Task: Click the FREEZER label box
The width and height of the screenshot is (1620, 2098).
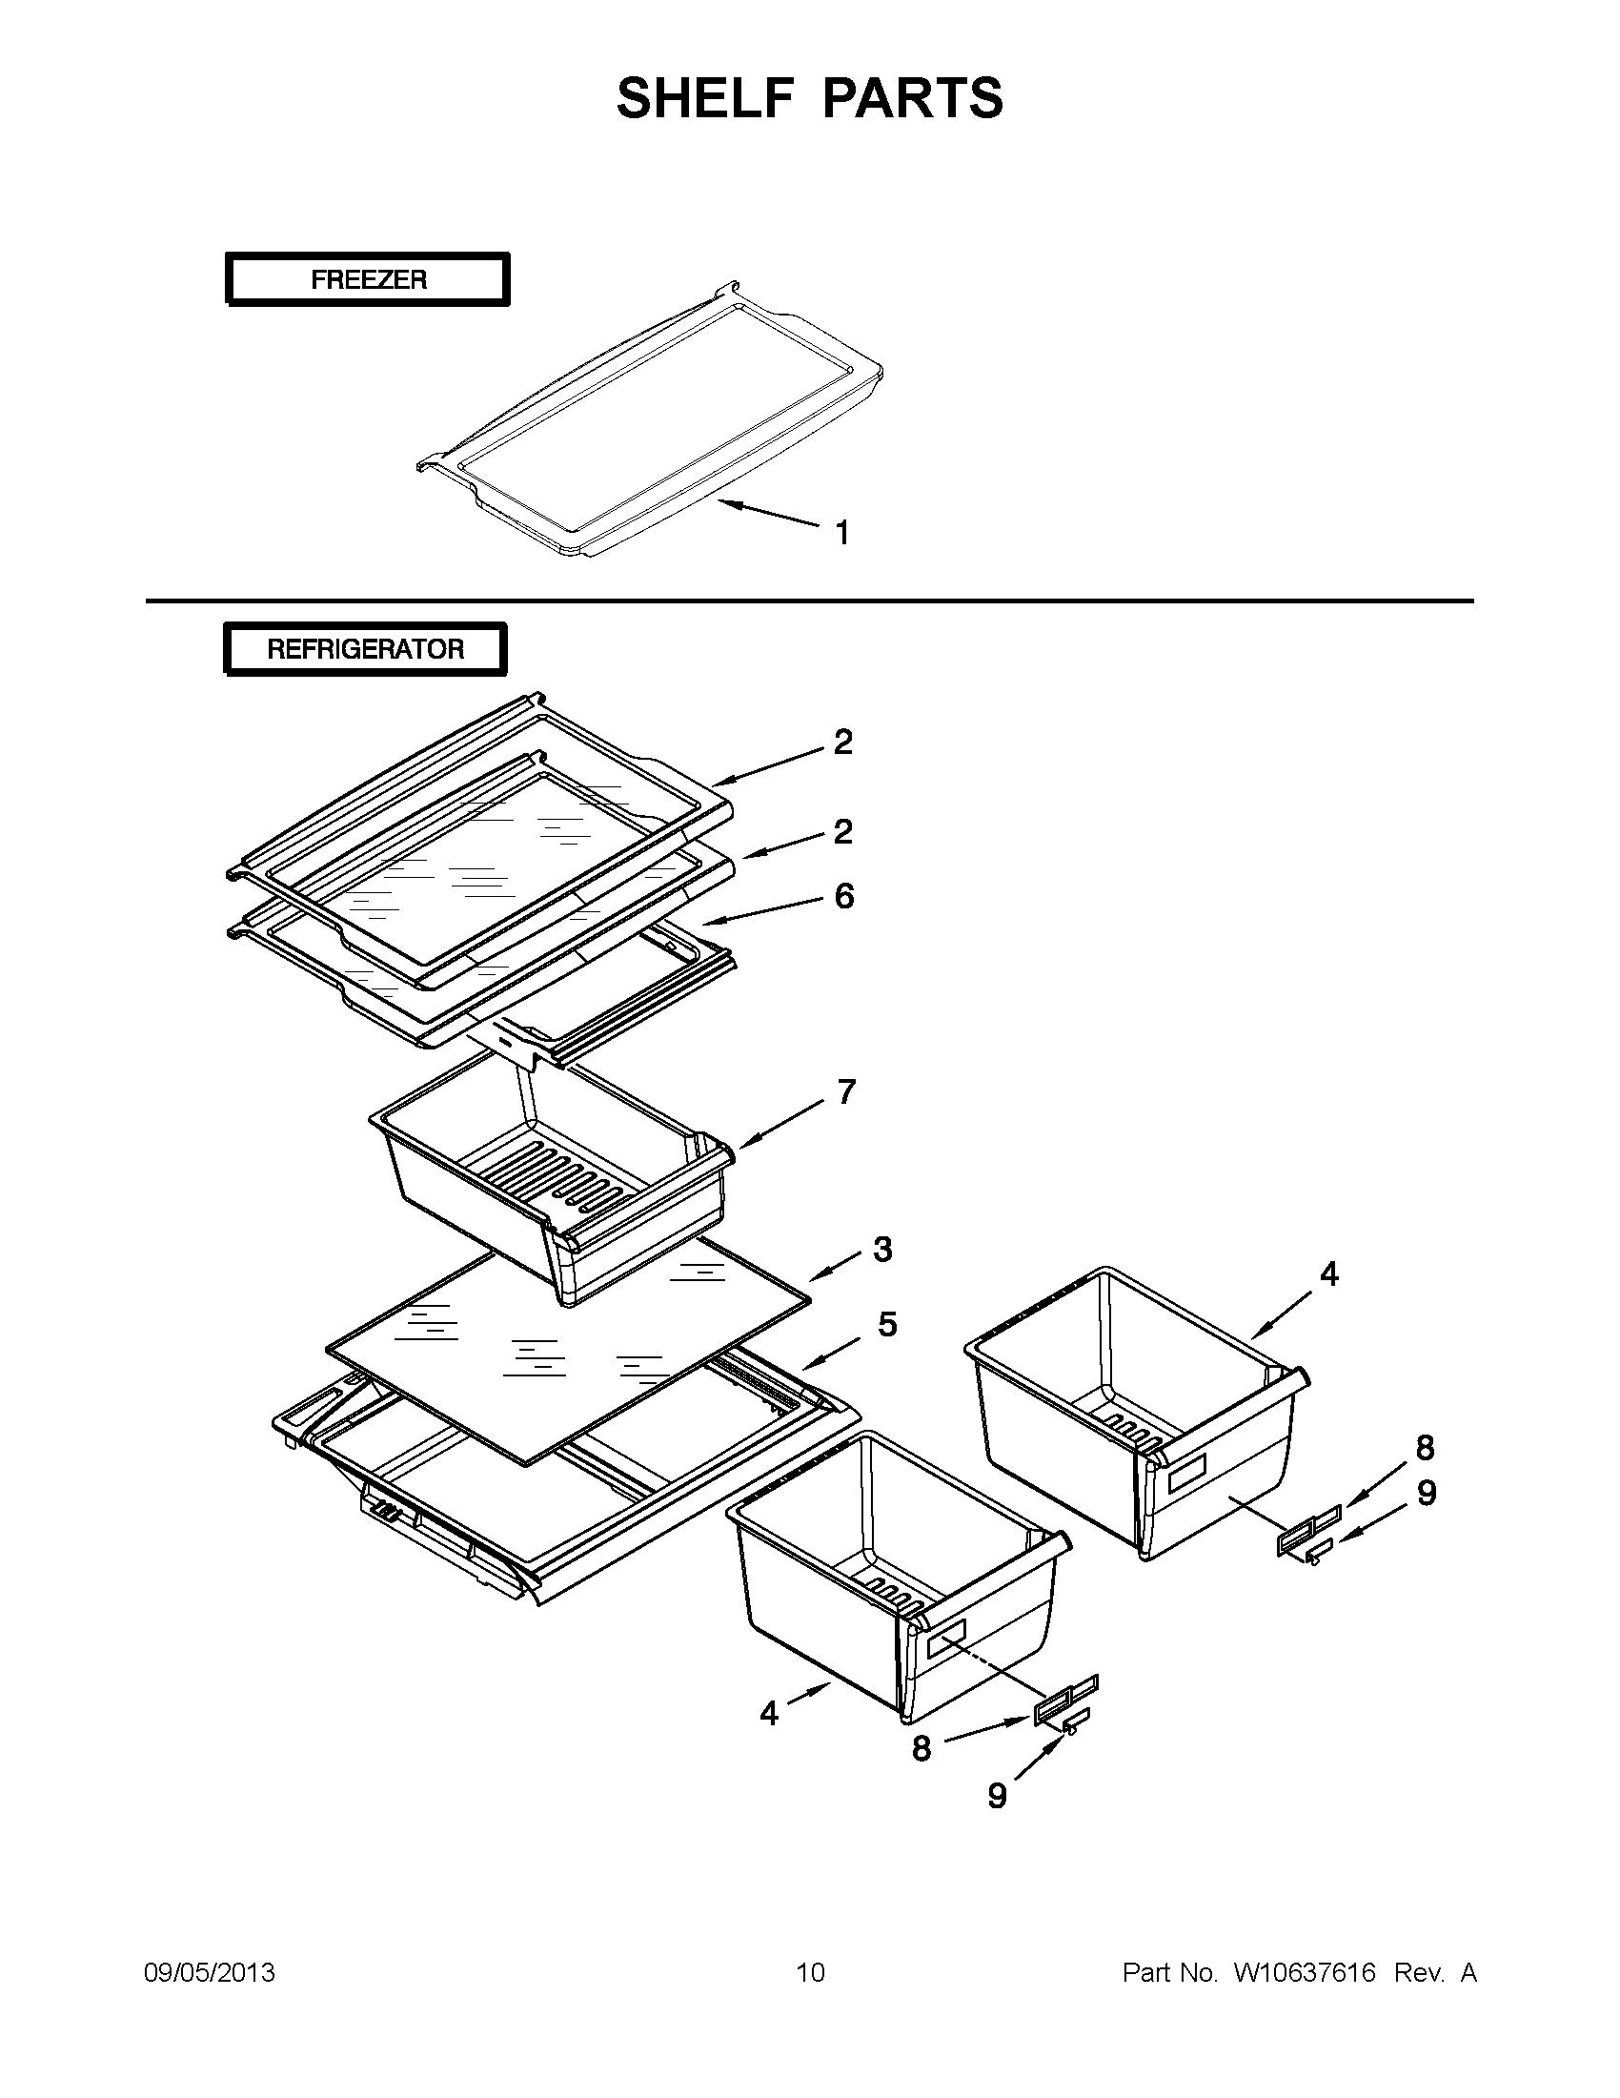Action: (367, 279)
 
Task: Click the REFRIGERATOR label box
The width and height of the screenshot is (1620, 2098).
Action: (365, 649)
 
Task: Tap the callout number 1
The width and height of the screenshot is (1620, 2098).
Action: (842, 533)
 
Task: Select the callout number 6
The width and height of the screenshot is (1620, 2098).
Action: (843, 896)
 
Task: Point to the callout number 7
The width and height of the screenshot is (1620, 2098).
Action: (845, 1092)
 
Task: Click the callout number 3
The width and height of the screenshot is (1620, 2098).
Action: (882, 1250)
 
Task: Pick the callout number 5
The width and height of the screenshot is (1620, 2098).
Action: (887, 1324)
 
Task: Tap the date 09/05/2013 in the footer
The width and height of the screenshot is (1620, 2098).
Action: (210, 1973)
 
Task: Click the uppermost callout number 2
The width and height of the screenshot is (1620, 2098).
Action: (842, 742)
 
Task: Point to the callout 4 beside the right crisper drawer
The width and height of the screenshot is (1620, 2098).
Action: (1328, 1274)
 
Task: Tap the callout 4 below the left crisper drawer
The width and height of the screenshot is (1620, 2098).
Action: (769, 1713)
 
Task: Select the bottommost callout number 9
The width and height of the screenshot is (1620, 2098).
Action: (997, 1795)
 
